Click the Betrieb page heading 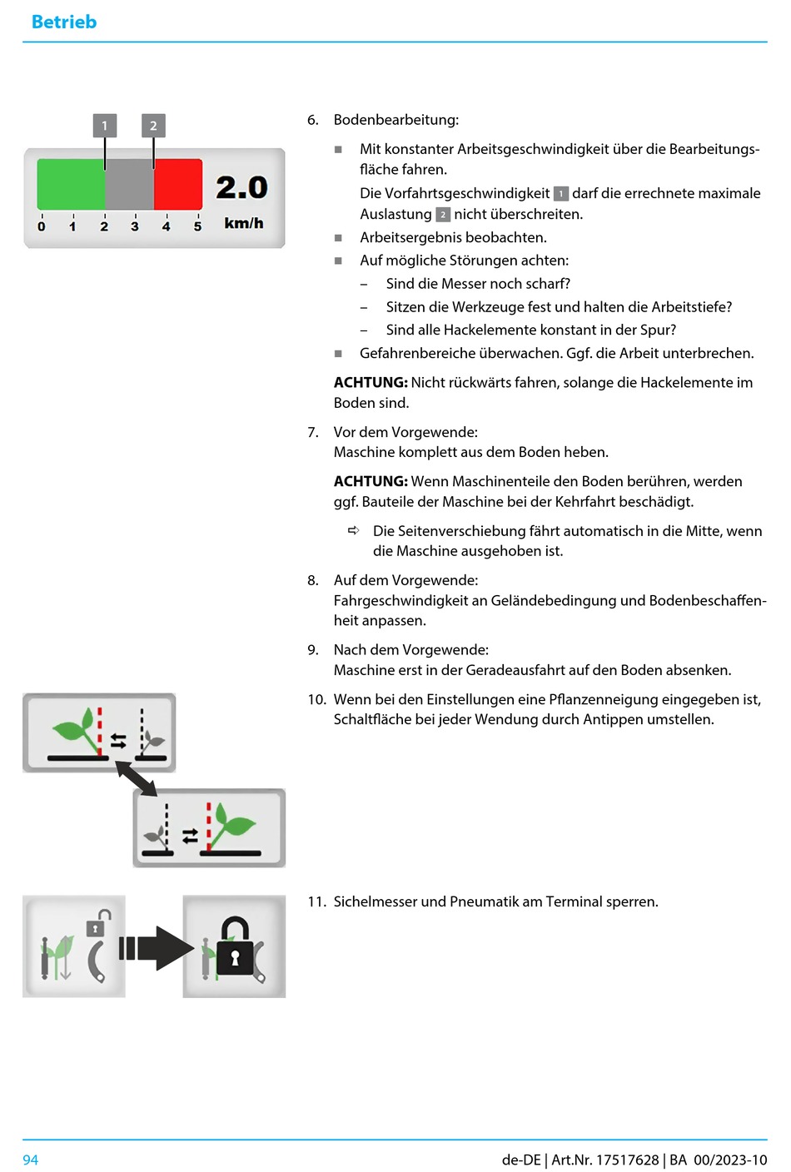pos(64,22)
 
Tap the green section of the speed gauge pos(71,183)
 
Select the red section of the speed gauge pos(178,183)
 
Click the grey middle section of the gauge pos(129,183)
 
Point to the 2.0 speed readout pos(241,187)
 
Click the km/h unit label pos(243,223)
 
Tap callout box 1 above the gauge pos(105,126)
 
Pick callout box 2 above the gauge pos(153,126)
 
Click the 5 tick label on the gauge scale pos(197,226)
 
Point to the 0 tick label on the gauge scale pos(42,226)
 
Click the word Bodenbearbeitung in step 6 pos(395,120)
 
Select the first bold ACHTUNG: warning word pos(370,383)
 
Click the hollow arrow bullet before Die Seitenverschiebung pos(354,530)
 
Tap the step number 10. pos(316,699)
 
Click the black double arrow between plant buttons pos(137,779)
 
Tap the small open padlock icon pos(97,923)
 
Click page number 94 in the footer pos(31,1160)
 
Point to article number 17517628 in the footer pos(627,1160)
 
